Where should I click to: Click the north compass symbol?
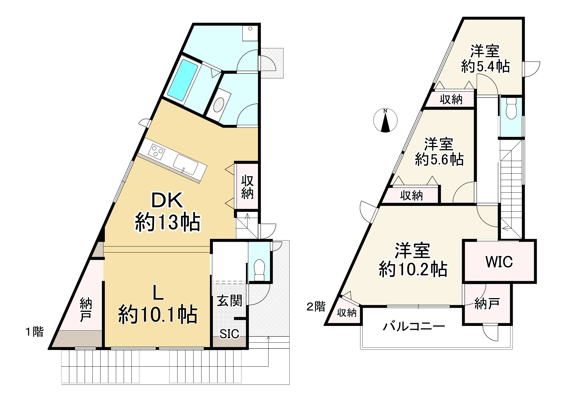coord(385,120)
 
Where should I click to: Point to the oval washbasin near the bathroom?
coord(219,105)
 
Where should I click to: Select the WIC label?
coord(499,262)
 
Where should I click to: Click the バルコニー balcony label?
coord(414,326)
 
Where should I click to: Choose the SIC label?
coord(229,334)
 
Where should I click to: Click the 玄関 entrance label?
coord(229,301)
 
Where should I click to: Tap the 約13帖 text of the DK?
coord(167,223)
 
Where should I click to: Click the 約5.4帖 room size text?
coord(485,67)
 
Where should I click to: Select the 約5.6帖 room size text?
coord(439,160)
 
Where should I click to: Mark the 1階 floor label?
coord(35,332)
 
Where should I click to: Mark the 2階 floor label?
coord(316,307)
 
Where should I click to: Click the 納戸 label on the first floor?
coord(86,310)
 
